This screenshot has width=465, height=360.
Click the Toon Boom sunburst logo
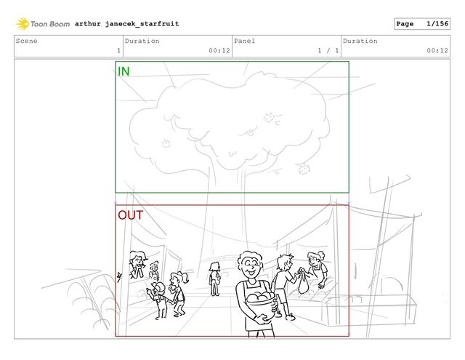(23, 24)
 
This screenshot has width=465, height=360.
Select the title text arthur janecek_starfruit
(127, 24)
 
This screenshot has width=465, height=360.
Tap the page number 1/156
(437, 24)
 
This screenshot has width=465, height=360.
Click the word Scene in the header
(27, 41)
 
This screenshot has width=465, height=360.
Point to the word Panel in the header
(244, 41)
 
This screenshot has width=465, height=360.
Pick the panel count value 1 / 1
(328, 51)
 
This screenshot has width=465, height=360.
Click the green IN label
(124, 71)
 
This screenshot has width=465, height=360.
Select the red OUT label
(131, 215)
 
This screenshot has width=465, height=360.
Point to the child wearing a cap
(158, 300)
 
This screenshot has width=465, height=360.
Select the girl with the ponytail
(179, 293)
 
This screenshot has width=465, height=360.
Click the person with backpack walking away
(214, 279)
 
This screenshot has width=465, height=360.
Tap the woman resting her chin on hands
(137, 265)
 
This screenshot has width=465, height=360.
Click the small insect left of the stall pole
(119, 276)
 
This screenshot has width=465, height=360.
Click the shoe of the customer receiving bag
(291, 317)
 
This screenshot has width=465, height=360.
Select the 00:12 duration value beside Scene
(219, 51)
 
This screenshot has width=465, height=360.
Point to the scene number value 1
(119, 51)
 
